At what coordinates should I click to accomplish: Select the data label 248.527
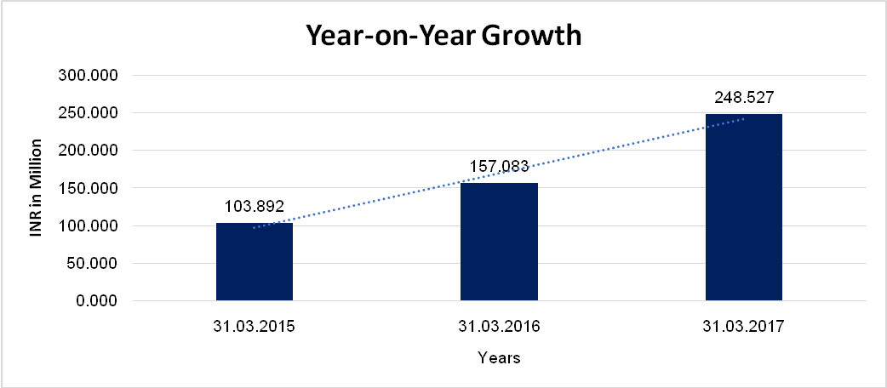pyautogui.click(x=743, y=96)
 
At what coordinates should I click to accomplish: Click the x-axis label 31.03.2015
pyautogui.click(x=255, y=327)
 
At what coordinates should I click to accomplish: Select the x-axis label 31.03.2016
pyautogui.click(x=499, y=327)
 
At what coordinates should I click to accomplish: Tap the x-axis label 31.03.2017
pyautogui.click(x=743, y=327)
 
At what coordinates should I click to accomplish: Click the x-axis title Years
pyautogui.click(x=499, y=358)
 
